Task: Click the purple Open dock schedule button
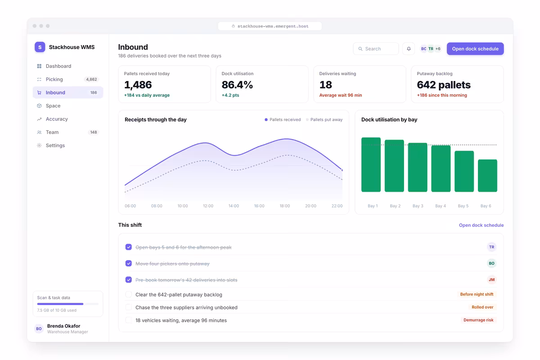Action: tap(475, 49)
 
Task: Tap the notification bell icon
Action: tap(409, 49)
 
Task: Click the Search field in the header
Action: tap(376, 49)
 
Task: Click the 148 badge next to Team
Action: tap(94, 132)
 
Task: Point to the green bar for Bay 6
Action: tap(487, 175)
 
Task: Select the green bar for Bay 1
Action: tap(371, 165)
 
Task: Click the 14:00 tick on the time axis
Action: tap(234, 206)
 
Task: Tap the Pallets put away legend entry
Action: tap(324, 120)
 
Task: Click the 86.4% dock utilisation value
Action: tap(237, 85)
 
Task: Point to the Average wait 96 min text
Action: tap(340, 95)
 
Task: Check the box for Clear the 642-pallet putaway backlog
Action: tap(129, 294)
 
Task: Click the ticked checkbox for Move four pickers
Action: tap(129, 263)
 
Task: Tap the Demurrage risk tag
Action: tap(478, 320)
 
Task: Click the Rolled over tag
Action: tap(482, 307)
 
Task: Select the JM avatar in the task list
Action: tap(491, 280)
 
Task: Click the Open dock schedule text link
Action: tap(481, 225)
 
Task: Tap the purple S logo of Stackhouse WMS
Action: tap(40, 47)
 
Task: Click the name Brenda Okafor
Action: tap(63, 326)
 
